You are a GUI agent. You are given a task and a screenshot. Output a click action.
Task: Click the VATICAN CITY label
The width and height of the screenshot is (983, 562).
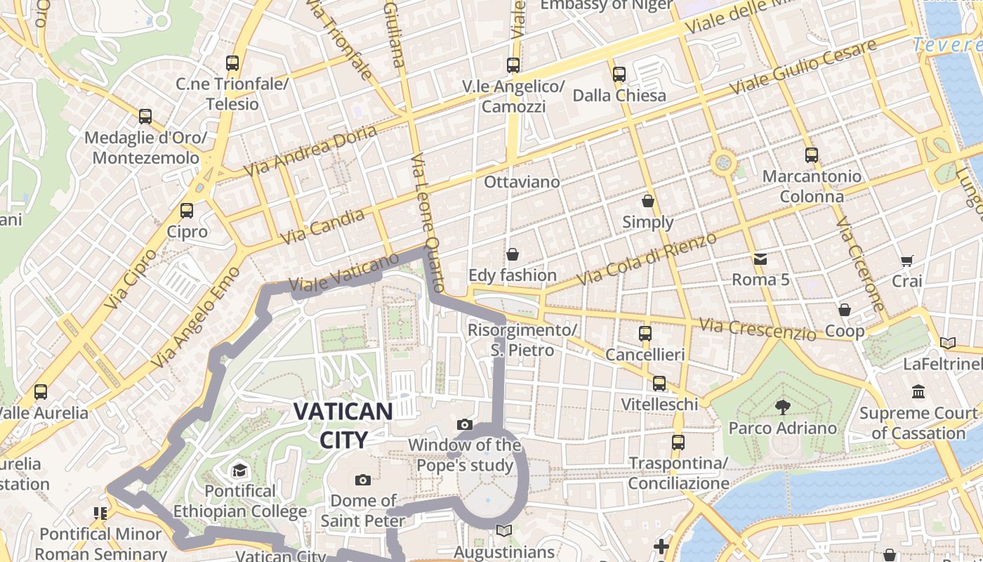(343, 425)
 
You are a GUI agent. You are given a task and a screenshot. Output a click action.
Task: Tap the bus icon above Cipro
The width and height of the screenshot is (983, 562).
(187, 210)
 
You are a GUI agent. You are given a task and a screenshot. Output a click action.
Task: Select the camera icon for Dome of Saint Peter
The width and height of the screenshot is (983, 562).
(363, 480)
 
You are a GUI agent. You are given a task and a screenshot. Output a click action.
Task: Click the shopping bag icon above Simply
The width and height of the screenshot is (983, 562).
(648, 201)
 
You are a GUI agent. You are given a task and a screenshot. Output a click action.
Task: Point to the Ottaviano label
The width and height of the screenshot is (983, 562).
(522, 182)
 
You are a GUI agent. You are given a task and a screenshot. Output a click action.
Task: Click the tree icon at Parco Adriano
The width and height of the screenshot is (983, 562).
(782, 407)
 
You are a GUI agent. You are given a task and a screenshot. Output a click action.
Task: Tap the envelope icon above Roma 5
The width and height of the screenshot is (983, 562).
(760, 259)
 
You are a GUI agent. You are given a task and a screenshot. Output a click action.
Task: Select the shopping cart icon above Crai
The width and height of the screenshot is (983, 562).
(906, 261)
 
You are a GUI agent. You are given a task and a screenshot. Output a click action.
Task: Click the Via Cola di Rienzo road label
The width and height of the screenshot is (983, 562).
(647, 259)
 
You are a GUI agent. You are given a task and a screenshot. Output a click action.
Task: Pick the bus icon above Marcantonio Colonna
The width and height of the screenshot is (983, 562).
(812, 155)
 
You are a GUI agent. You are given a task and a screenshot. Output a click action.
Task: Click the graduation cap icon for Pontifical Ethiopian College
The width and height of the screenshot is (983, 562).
(240, 470)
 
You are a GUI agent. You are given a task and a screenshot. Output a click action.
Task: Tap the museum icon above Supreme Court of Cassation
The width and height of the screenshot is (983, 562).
(918, 391)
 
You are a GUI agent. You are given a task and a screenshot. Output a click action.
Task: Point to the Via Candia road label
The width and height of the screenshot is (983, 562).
(323, 226)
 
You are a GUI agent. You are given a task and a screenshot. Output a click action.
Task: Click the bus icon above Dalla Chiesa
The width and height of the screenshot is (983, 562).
(619, 74)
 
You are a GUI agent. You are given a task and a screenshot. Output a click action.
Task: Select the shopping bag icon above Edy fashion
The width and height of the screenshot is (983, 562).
(513, 254)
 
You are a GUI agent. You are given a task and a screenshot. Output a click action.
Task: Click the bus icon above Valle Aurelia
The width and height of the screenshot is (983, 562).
(41, 391)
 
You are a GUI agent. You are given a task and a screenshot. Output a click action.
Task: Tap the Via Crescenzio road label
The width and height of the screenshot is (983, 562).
(758, 329)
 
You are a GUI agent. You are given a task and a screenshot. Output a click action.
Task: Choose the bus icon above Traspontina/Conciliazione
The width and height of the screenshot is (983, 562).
(678, 442)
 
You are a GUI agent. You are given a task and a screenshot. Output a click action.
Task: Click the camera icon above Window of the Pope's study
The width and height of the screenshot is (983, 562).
(464, 424)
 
